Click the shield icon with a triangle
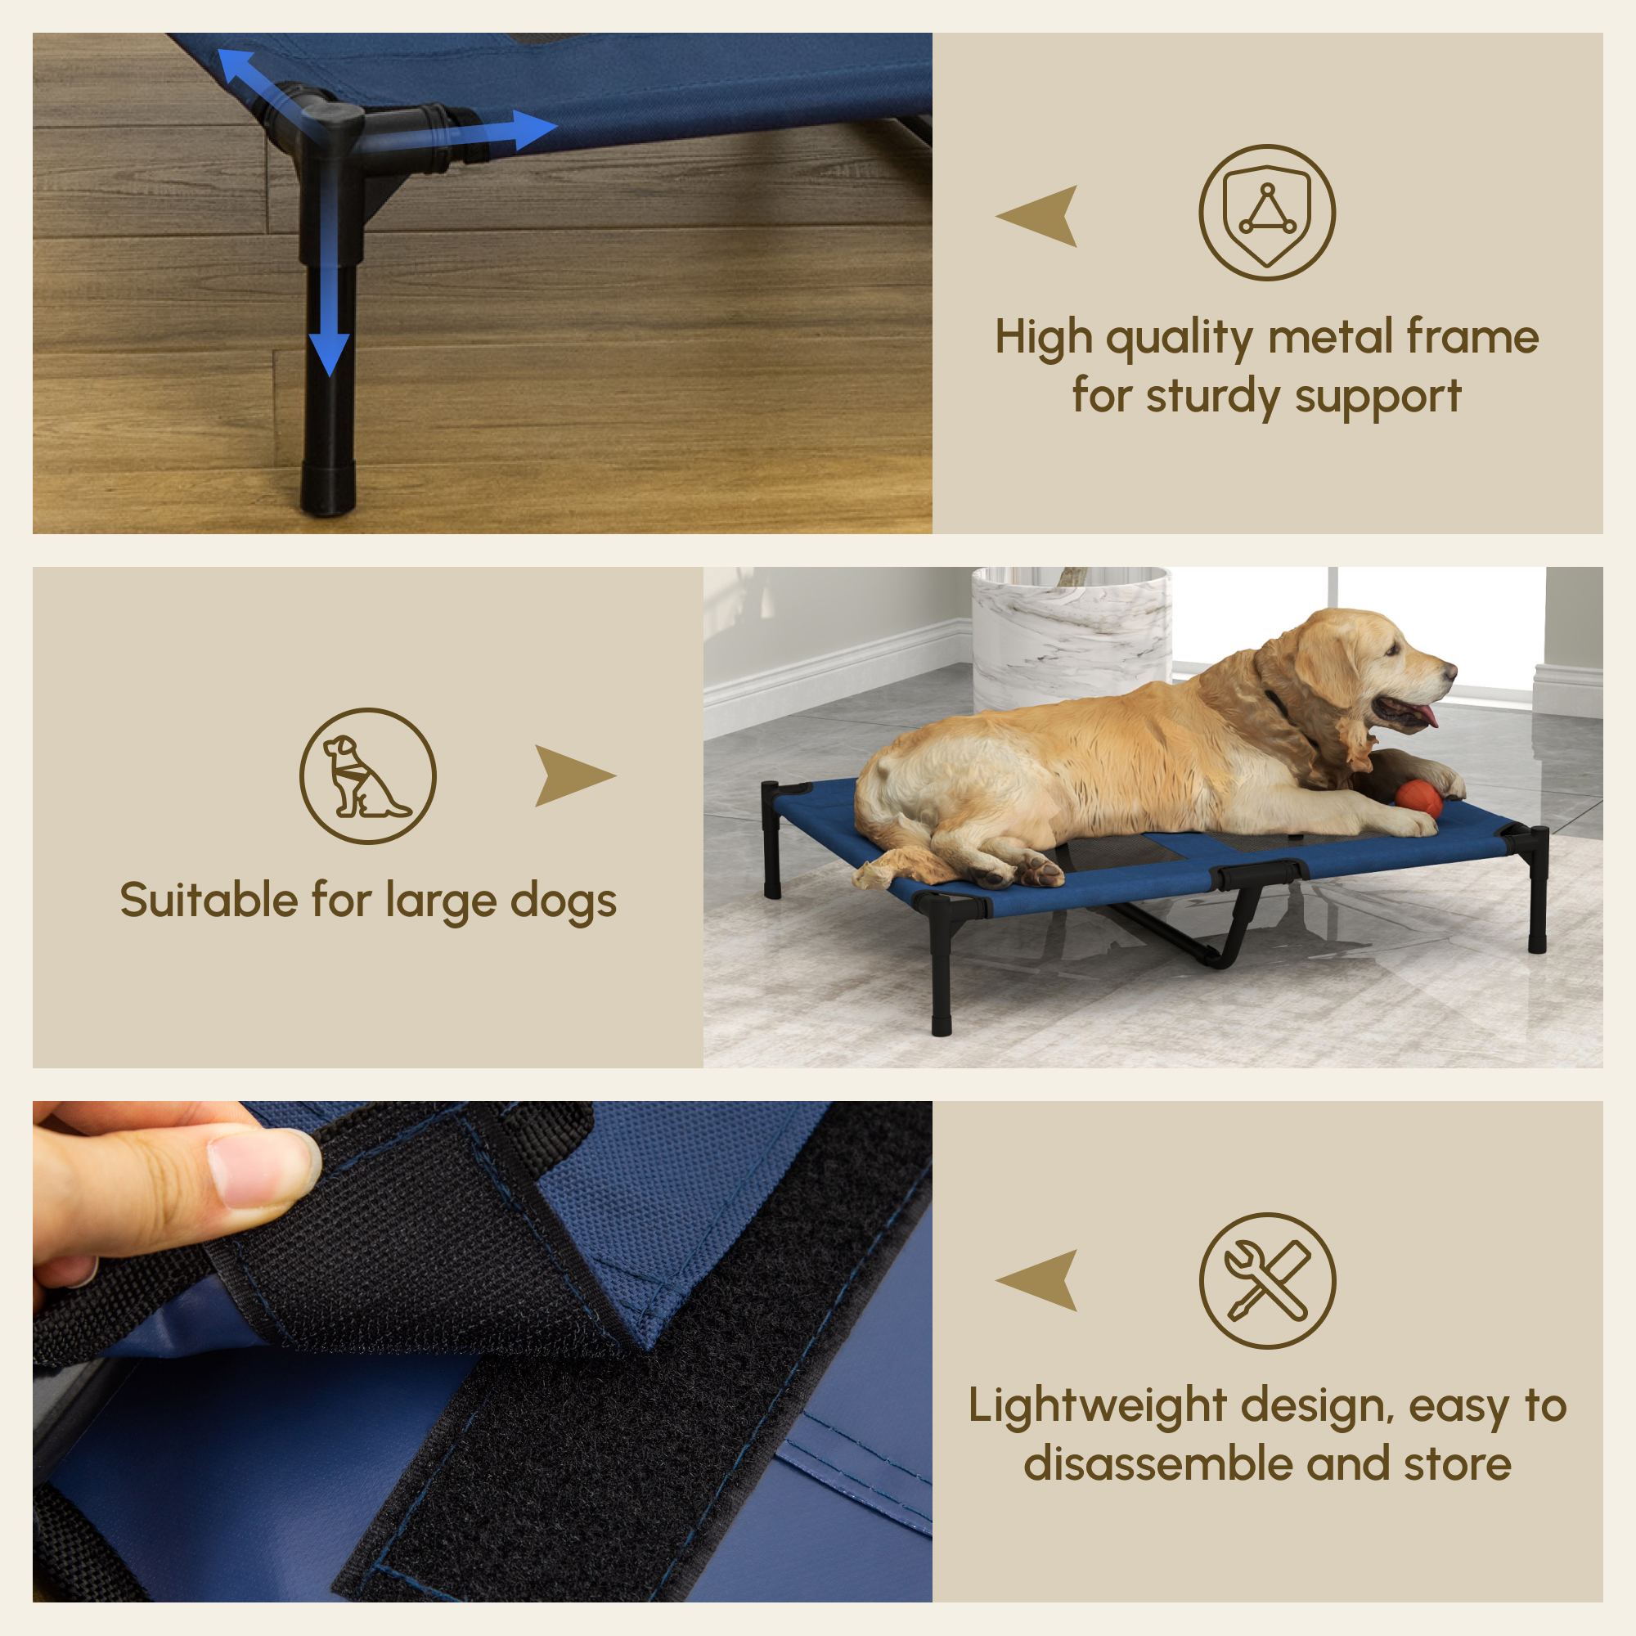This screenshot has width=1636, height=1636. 1267,213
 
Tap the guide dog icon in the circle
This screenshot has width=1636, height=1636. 368,775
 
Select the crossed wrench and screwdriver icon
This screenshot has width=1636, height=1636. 1267,1280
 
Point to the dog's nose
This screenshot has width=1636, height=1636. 1451,671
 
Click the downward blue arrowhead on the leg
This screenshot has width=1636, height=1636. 329,353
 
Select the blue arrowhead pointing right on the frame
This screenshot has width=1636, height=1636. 533,129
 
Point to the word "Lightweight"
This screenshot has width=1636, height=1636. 1097,1406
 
